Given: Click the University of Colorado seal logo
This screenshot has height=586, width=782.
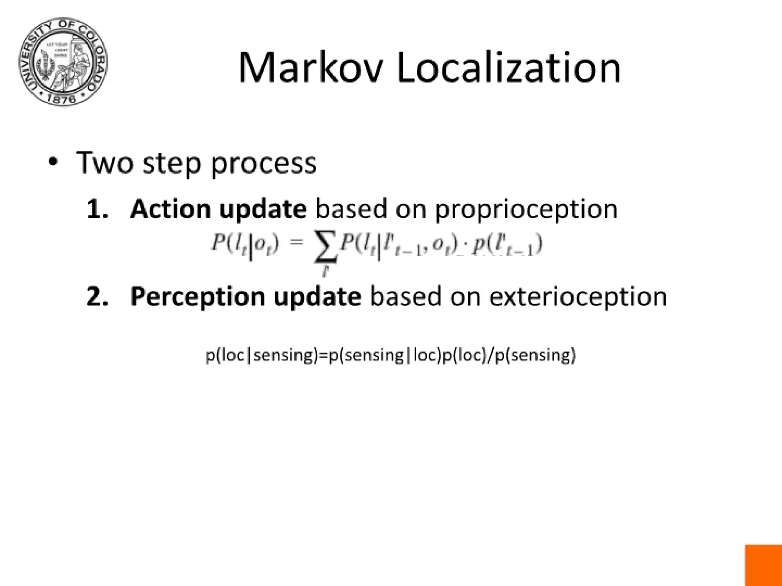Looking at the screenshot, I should click(x=63, y=62).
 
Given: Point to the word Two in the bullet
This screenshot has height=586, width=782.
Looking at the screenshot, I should click(x=105, y=163).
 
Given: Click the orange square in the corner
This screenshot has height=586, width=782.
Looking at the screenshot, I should click(x=763, y=565).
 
